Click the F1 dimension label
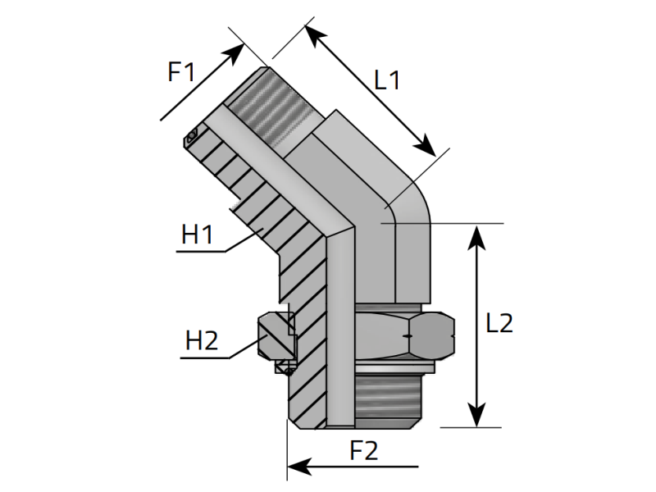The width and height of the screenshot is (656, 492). pyautogui.click(x=181, y=71)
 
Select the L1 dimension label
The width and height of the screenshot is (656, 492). pyautogui.click(x=387, y=80)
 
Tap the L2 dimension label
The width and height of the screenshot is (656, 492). pyautogui.click(x=499, y=323)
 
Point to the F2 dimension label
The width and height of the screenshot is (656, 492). pyautogui.click(x=363, y=450)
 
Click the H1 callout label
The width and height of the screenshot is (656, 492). pyautogui.click(x=198, y=235)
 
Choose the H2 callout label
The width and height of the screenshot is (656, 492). pyautogui.click(x=202, y=340)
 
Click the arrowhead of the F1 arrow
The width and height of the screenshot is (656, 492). pyautogui.click(x=235, y=52)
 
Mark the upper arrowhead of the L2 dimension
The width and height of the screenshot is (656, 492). pyautogui.click(x=476, y=237)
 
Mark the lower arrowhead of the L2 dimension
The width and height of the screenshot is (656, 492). pyautogui.click(x=476, y=415)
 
